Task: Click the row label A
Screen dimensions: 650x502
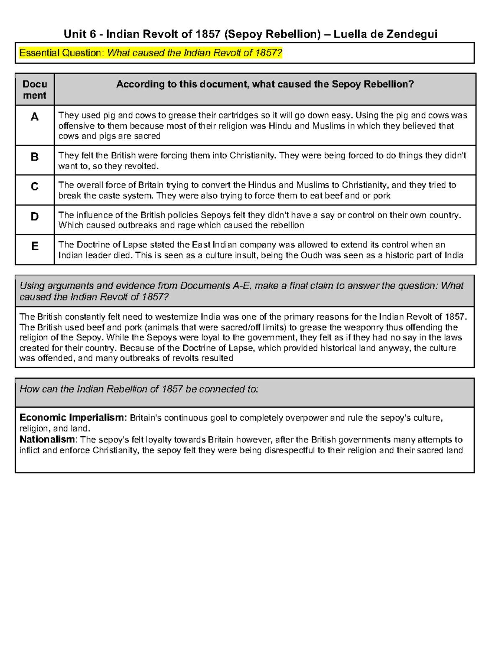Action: pyautogui.click(x=35, y=117)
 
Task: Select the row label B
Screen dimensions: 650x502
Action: pyautogui.click(x=35, y=157)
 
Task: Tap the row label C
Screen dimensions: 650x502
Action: pyautogui.click(x=35, y=186)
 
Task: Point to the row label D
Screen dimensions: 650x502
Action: pyautogui.click(x=35, y=216)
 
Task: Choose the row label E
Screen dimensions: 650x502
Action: pyautogui.click(x=35, y=246)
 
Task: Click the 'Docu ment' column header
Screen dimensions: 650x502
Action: pyautogui.click(x=35, y=90)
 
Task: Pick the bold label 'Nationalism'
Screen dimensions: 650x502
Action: pyautogui.click(x=47, y=439)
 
